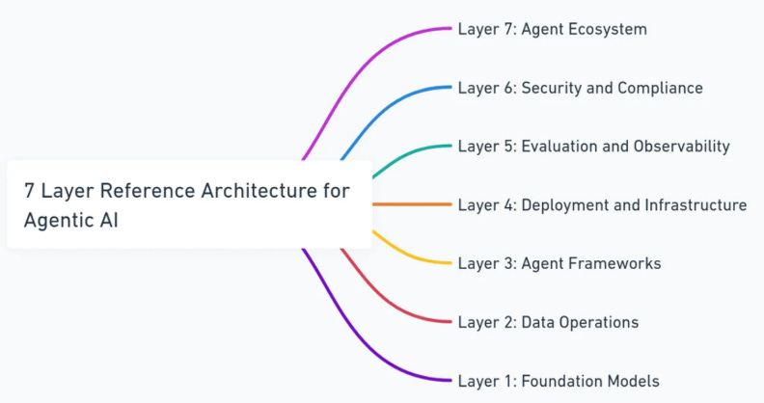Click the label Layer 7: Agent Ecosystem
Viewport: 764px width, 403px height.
click(x=552, y=29)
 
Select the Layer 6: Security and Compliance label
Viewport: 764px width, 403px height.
click(x=580, y=88)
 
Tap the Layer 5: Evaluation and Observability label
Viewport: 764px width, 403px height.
click(x=593, y=147)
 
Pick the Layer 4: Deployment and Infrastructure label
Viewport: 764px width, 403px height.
click(x=602, y=204)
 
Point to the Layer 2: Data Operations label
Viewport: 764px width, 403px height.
click(x=548, y=322)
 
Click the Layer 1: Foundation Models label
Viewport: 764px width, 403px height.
click(x=559, y=381)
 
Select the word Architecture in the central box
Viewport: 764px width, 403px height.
click(x=259, y=191)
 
